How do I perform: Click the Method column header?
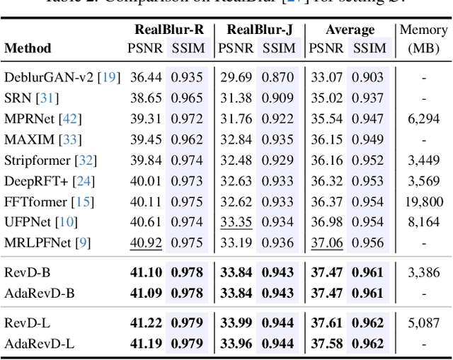coord(28,49)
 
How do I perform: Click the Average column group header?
coord(350,30)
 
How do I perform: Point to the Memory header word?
coord(423,30)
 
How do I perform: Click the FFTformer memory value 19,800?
coord(423,202)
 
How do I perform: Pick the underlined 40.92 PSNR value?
coord(145,243)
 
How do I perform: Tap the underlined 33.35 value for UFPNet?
coord(236,222)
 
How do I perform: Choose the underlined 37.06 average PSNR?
coord(326,243)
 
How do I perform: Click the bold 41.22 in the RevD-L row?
coord(145,323)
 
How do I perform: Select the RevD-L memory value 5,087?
coord(423,323)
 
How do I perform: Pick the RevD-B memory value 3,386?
coord(423,272)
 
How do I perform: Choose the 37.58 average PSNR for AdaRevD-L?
coord(326,344)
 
